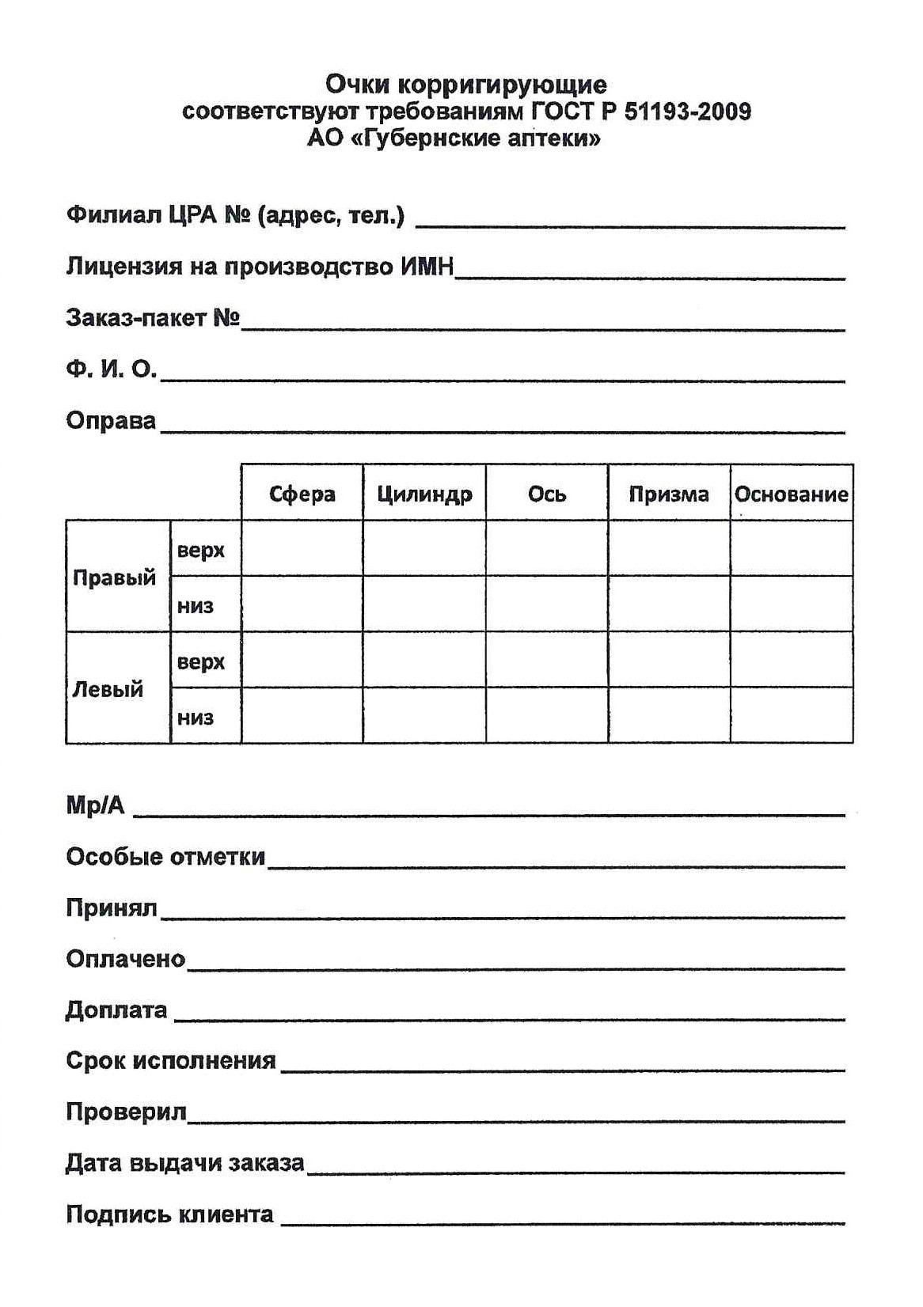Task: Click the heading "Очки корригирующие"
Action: (466, 84)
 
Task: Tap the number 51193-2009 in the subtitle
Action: (687, 112)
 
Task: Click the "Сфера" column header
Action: (302, 494)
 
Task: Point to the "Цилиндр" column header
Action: (424, 494)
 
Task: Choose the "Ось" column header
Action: (547, 494)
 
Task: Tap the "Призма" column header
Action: (669, 494)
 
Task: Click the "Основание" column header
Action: (791, 494)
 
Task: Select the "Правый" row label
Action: (115, 578)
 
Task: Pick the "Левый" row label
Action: (108, 689)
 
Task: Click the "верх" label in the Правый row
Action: (201, 550)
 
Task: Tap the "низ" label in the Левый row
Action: (196, 718)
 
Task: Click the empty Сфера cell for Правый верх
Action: (302, 548)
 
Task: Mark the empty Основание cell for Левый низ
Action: (791, 716)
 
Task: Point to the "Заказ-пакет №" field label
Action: (153, 318)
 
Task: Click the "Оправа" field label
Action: (111, 420)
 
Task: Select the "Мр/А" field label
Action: (95, 805)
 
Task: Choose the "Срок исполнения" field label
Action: (170, 1061)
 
